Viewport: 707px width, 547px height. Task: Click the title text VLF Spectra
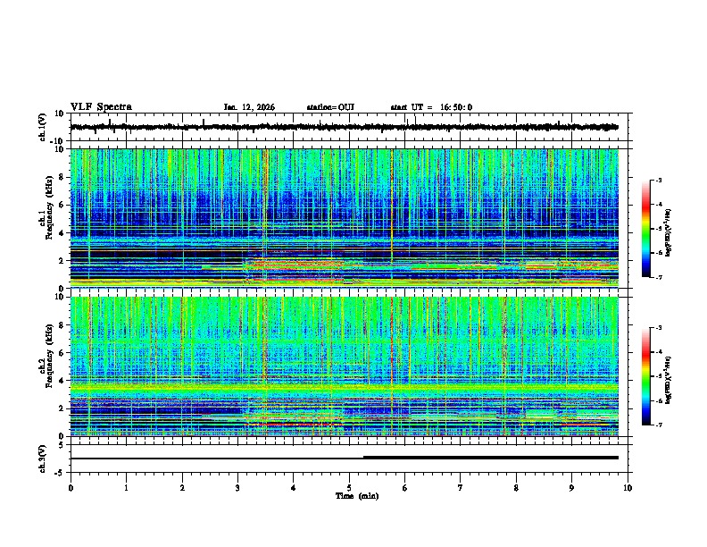101,107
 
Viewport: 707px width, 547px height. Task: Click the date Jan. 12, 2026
249,107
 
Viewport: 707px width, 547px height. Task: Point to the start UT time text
431,107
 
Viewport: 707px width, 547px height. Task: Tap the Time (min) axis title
355,495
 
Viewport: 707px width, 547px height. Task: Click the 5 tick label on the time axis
349,488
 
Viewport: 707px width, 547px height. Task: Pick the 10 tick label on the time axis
628,488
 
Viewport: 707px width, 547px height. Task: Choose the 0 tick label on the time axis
71,488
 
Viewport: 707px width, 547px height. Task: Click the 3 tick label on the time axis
237,488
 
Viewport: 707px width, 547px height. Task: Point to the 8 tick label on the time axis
516,488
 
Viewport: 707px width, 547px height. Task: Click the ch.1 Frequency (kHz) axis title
45,219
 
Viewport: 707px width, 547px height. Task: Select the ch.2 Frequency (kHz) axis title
45,366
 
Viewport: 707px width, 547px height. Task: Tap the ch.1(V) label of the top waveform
44,128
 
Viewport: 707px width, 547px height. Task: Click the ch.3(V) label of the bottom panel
44,458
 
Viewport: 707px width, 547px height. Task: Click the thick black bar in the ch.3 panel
490,457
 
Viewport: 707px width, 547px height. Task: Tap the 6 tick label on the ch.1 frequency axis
62,205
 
